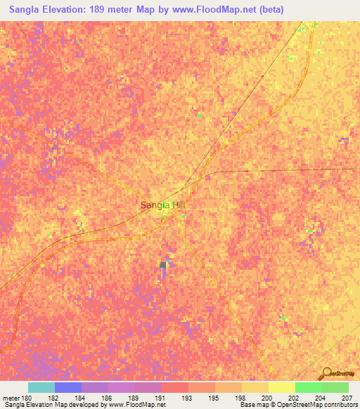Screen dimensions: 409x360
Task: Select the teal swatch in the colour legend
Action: (41, 387)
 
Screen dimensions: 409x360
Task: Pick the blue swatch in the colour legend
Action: (68, 387)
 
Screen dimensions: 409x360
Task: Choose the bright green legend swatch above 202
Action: (308, 387)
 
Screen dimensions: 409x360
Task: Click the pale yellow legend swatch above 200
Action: (281, 387)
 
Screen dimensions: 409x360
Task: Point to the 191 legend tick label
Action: (161, 398)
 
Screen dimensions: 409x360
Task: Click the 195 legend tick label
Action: (214, 398)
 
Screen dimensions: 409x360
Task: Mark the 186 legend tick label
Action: (108, 398)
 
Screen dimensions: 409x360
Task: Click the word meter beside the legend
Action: (11, 398)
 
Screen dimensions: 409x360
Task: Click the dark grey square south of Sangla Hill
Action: (164, 265)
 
